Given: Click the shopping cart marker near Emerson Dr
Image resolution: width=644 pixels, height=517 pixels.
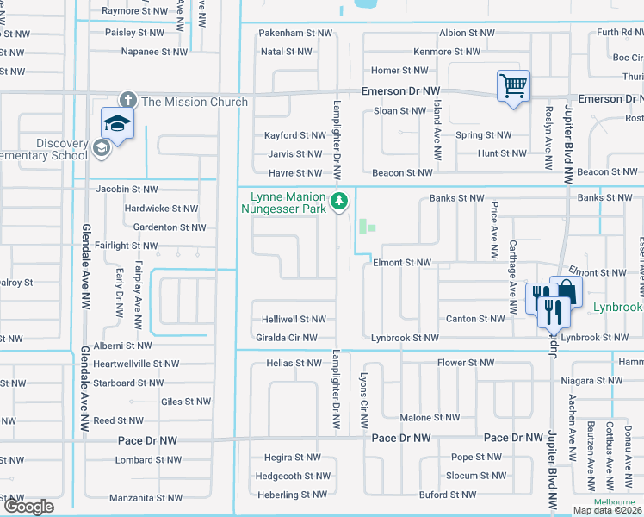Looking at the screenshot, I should pyautogui.click(x=513, y=86).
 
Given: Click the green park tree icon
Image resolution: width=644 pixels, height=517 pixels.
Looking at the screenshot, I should pyautogui.click(x=340, y=202).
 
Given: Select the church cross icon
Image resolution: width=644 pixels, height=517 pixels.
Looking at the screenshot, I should pyautogui.click(x=128, y=101).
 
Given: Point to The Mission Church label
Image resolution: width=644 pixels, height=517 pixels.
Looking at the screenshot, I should pyautogui.click(x=194, y=102).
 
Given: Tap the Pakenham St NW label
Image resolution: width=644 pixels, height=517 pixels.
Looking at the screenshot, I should pyautogui.click(x=296, y=33).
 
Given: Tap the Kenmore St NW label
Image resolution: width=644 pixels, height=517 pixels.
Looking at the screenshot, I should pyautogui.click(x=445, y=52).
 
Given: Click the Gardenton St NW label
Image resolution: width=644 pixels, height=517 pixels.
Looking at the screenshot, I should pyautogui.click(x=170, y=227).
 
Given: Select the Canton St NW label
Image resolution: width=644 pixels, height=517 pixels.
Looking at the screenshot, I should pyautogui.click(x=475, y=319).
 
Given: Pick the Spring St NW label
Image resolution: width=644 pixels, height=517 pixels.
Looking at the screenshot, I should pyautogui.click(x=483, y=135).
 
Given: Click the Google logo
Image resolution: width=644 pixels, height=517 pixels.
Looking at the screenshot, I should pyautogui.click(x=28, y=507).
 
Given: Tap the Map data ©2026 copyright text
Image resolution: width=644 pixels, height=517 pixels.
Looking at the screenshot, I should pyautogui.click(x=607, y=510).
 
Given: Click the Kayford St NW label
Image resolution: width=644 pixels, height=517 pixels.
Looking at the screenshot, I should pyautogui.click(x=294, y=135).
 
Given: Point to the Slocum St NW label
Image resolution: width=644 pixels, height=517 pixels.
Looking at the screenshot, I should pyautogui.click(x=476, y=476).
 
